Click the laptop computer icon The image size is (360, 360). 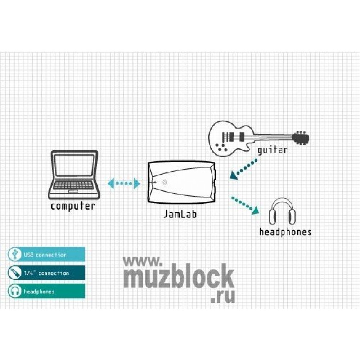[x=74, y=175]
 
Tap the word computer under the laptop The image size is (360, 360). [x=73, y=206]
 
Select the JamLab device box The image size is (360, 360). [x=182, y=182]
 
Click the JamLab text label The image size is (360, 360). [x=180, y=214]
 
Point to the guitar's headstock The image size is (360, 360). [x=301, y=138]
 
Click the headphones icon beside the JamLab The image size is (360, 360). [x=282, y=211]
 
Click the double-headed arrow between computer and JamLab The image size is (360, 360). [x=124, y=183]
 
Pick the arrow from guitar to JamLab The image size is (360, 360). [x=244, y=168]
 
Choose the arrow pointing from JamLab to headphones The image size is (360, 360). [x=245, y=205]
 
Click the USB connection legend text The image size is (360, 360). [x=45, y=255]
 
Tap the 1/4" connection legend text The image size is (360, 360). [x=46, y=273]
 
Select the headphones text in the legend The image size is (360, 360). [x=39, y=292]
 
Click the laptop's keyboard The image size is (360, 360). [x=73, y=185]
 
